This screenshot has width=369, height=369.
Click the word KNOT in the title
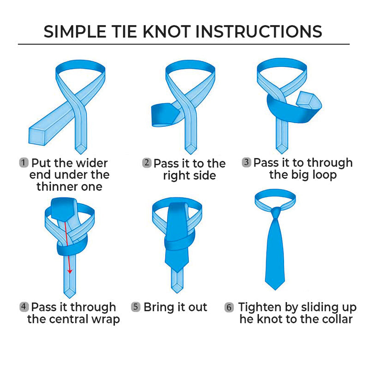click(167, 31)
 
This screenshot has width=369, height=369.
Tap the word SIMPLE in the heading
click(75, 31)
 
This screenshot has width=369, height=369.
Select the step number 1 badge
click(24, 163)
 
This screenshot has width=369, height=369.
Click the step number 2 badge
click(147, 163)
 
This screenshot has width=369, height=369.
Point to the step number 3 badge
click(246, 162)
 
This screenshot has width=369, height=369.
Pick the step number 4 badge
click(24, 307)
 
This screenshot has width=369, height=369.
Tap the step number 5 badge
click(136, 307)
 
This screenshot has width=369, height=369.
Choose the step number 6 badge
click(229, 307)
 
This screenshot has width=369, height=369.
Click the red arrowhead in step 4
click(70, 271)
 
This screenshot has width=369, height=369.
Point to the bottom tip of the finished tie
click(275, 290)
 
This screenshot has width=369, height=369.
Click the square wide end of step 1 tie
click(37, 137)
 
